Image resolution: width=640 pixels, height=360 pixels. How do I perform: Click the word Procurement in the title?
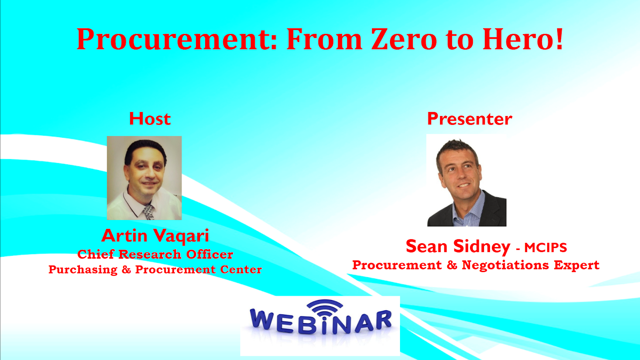click(177, 39)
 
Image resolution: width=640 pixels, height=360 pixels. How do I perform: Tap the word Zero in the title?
click(404, 39)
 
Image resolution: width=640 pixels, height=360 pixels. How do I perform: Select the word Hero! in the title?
click(522, 39)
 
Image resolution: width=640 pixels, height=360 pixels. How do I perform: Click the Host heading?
click(150, 118)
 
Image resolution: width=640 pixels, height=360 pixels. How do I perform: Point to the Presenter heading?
click(470, 119)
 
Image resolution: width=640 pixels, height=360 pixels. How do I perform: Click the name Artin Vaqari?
click(155, 236)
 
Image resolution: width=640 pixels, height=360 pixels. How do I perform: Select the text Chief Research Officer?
click(155, 254)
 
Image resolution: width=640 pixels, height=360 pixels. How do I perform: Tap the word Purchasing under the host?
click(83, 270)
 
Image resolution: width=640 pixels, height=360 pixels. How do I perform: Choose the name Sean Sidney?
click(458, 246)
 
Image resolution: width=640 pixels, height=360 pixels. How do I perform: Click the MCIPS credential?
click(546, 248)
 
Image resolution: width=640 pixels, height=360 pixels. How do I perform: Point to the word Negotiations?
click(506, 265)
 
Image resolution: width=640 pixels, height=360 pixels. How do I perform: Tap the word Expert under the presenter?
click(576, 265)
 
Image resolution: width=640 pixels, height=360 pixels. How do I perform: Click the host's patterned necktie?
click(148, 212)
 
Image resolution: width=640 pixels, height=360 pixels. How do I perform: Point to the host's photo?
click(144, 178)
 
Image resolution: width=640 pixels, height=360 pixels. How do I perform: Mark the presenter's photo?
click(466, 180)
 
